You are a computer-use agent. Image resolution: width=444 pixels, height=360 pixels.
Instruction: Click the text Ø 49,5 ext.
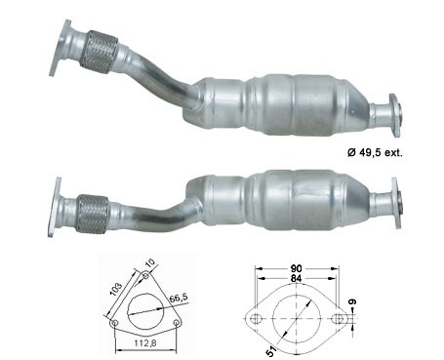375,152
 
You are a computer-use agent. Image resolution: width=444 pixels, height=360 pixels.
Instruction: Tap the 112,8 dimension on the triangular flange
145,342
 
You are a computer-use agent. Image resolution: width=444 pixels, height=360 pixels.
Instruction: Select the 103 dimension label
116,289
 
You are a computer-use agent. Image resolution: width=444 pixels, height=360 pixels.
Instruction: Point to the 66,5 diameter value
178,299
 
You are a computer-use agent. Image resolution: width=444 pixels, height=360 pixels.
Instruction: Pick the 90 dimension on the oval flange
297,268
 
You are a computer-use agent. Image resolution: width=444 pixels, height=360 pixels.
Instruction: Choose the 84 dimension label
297,279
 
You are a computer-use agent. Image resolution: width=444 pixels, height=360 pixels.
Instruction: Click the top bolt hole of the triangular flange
145,276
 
